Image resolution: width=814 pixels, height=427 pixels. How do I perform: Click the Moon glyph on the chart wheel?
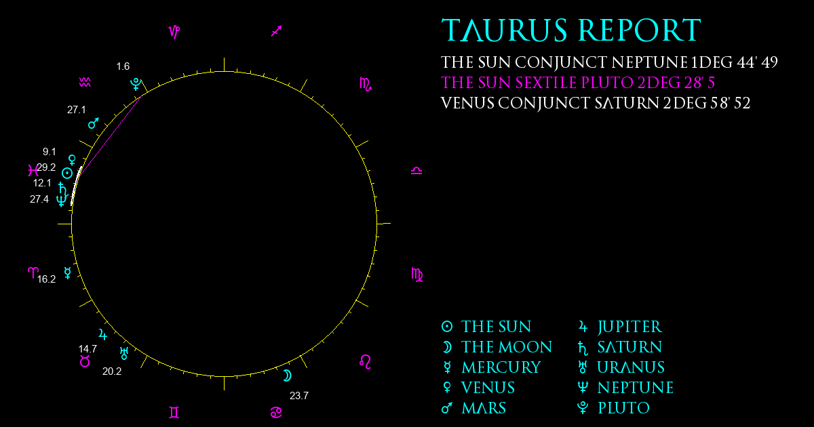click(x=288, y=375)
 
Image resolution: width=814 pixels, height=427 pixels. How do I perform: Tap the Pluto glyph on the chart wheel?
click(x=136, y=84)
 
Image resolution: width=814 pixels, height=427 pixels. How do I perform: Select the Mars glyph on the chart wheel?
click(x=94, y=123)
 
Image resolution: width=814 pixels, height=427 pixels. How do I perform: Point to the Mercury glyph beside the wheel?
click(x=68, y=272)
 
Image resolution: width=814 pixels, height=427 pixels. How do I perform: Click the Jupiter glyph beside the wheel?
click(x=103, y=334)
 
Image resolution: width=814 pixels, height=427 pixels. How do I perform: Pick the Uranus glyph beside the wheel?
click(x=124, y=353)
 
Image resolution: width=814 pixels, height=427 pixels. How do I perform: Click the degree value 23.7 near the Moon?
click(x=299, y=396)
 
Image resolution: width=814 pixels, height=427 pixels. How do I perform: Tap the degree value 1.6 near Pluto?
click(x=123, y=66)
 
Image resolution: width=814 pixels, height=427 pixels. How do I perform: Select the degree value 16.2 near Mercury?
click(x=47, y=279)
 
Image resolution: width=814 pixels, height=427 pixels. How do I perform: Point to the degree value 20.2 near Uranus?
click(x=112, y=371)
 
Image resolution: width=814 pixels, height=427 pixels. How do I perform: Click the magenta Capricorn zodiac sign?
click(x=174, y=32)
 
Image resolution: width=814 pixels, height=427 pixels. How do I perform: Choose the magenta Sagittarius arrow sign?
click(x=277, y=31)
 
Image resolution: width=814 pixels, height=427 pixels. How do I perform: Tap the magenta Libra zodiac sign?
click(x=416, y=171)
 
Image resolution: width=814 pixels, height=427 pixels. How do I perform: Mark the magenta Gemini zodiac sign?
click(x=174, y=413)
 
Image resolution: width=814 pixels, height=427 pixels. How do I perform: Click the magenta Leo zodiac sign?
click(x=366, y=362)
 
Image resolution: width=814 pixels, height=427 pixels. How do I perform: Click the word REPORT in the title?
click(x=639, y=30)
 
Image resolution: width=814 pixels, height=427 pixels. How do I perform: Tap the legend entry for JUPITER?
click(x=620, y=327)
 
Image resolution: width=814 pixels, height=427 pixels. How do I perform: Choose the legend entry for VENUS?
click(x=479, y=388)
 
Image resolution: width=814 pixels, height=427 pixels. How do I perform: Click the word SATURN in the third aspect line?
click(x=627, y=104)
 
